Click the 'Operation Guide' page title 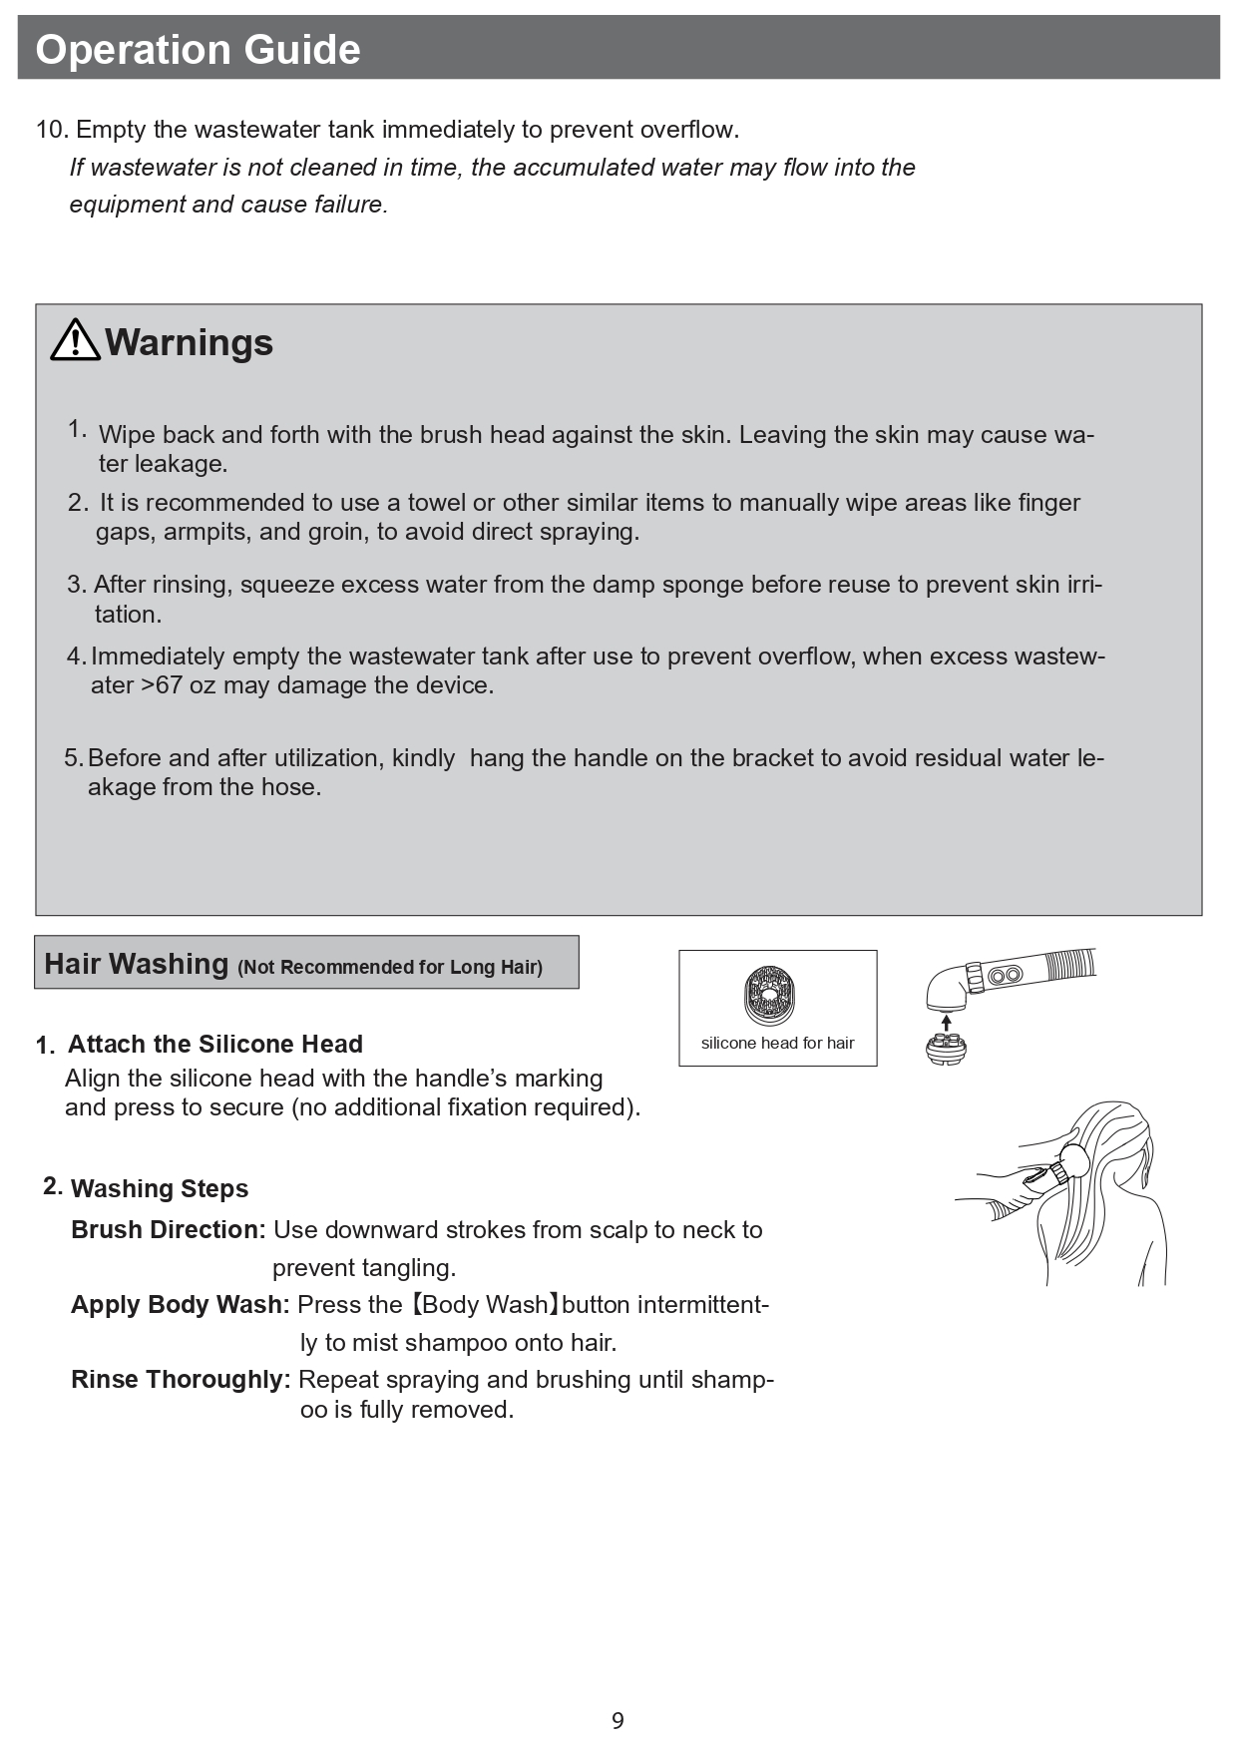(198, 49)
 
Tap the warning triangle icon (75, 340)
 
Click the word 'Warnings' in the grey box (189, 342)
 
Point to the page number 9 (618, 1720)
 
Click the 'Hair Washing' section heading (137, 964)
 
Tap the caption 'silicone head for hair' (777, 1043)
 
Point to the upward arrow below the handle (947, 1023)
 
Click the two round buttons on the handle (1006, 974)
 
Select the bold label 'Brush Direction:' (168, 1230)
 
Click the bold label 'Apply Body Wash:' (180, 1305)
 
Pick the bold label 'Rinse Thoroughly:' (180, 1380)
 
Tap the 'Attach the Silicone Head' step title (214, 1045)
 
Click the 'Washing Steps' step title (160, 1189)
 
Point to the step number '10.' (52, 130)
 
